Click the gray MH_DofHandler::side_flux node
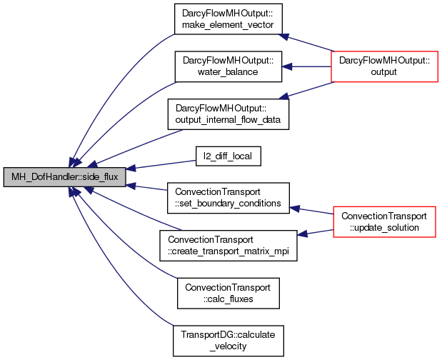coord(65,177)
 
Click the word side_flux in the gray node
coord(101,177)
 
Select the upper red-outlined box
coord(384,66)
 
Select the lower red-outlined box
coord(384,221)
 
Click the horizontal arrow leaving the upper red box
coord(307,66)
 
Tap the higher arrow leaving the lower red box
coord(312,210)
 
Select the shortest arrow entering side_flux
coord(147,188)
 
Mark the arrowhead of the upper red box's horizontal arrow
coord(286,66)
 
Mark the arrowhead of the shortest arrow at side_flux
coord(131,186)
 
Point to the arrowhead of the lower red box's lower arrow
coord(302,234)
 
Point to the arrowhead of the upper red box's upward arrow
coord(283,36)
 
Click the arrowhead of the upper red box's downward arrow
coord(283,96)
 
